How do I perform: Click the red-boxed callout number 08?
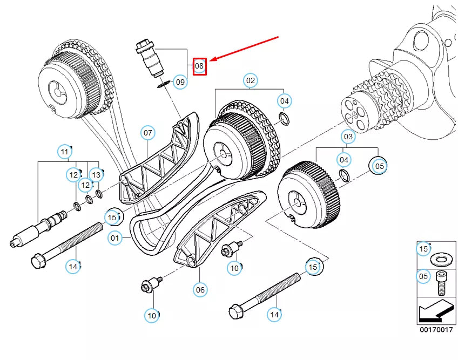click(x=199, y=66)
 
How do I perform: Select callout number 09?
click(x=180, y=81)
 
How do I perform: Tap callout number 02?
click(x=250, y=80)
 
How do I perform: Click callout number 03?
click(x=348, y=137)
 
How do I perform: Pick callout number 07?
click(x=148, y=133)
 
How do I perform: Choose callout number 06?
click(x=200, y=290)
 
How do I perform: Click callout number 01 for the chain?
click(x=115, y=238)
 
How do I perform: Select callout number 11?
click(x=65, y=152)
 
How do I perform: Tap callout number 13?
click(x=96, y=175)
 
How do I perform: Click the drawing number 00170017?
click(x=436, y=330)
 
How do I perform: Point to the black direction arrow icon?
click(x=436, y=310)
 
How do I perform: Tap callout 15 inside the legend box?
click(x=423, y=249)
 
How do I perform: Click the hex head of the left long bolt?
click(x=38, y=261)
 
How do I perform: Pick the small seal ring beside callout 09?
click(x=164, y=84)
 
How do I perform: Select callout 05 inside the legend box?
click(x=423, y=276)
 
